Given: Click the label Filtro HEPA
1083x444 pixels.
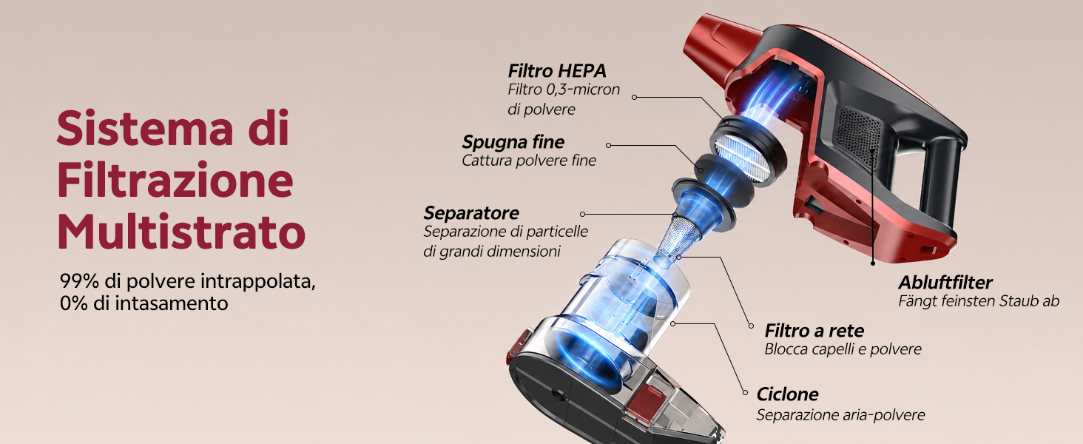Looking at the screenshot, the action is (x=556, y=71).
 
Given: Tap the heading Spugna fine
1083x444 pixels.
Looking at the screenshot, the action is (x=513, y=142).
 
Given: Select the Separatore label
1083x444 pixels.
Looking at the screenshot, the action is (x=471, y=213).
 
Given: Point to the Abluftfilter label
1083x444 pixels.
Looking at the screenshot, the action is (x=945, y=283).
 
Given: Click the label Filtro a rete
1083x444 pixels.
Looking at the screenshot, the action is (x=814, y=331).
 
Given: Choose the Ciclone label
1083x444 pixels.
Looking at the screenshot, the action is (x=787, y=394).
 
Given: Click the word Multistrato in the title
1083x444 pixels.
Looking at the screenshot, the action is (x=181, y=232).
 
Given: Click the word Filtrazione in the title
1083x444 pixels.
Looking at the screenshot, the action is (x=175, y=180).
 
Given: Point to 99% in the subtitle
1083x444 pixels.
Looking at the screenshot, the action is (x=79, y=281).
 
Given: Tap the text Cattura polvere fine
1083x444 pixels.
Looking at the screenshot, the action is (x=529, y=161).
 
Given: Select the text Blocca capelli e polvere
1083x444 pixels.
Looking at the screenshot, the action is (x=843, y=349).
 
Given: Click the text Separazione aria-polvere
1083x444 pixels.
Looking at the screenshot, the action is (x=840, y=415).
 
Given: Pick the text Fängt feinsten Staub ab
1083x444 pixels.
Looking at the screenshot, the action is (x=979, y=301).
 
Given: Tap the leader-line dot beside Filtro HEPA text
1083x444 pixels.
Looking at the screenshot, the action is (x=634, y=97).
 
